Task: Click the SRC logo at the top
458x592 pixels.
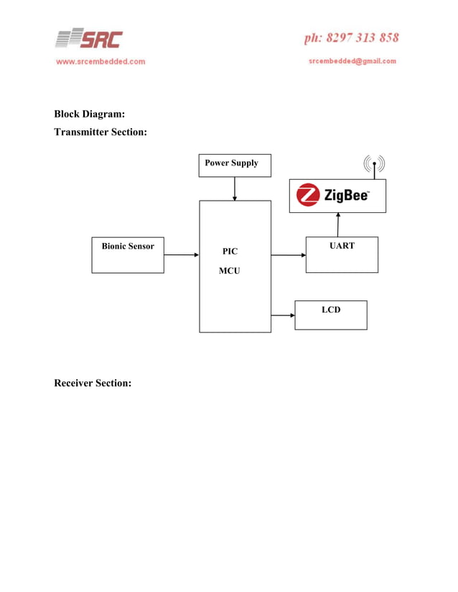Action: [89, 39]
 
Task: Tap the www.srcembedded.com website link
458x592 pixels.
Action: [101, 62]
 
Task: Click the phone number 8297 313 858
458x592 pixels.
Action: [351, 37]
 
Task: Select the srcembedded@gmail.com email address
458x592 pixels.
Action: [352, 61]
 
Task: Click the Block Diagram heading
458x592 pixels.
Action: [90, 114]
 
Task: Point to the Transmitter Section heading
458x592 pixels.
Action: [101, 132]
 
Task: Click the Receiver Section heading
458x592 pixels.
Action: [93, 383]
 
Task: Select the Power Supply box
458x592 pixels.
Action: [235, 165]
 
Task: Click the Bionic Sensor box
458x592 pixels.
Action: [128, 254]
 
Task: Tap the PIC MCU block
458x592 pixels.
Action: [235, 266]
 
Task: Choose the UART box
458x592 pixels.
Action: [342, 254]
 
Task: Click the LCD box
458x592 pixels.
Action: [330, 315]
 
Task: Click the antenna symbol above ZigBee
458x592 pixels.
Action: [374, 166]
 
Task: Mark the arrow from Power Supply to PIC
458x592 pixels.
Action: [235, 188]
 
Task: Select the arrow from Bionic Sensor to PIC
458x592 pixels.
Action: [181, 254]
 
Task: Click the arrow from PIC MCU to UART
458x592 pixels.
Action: [288, 254]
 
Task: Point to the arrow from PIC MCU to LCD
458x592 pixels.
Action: [283, 315]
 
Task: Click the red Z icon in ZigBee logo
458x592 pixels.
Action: [309, 195]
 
